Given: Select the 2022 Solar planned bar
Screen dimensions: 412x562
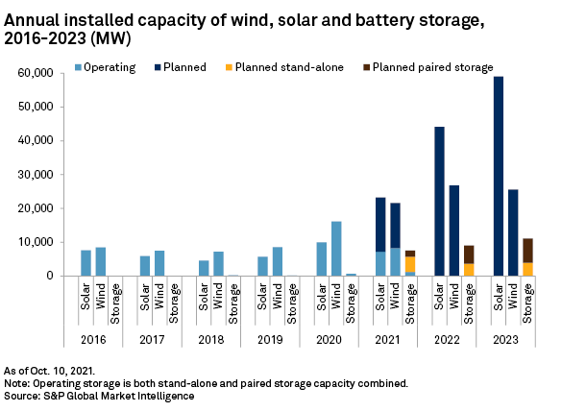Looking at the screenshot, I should click(x=439, y=201).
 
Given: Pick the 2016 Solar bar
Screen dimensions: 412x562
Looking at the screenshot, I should click(x=86, y=263).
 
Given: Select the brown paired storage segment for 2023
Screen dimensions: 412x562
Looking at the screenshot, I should click(x=527, y=250).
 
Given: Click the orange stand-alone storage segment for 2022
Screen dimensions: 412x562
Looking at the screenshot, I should click(x=469, y=270).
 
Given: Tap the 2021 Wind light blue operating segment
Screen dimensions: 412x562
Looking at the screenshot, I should click(x=396, y=262).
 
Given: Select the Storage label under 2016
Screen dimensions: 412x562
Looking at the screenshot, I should click(x=115, y=304).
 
